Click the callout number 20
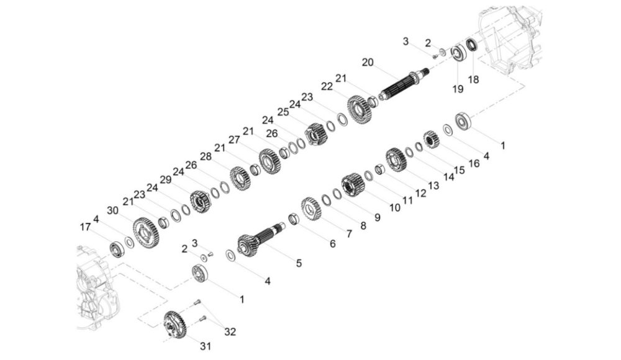tap(368, 62)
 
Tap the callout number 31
tap(205, 346)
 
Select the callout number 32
tap(230, 331)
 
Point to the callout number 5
tap(299, 263)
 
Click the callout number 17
tap(85, 227)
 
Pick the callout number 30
tap(113, 210)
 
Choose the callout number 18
tap(473, 79)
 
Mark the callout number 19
tap(458, 89)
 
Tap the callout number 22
tap(327, 86)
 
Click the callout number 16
tap(474, 163)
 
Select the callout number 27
tap(234, 140)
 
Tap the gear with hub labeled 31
tap(175, 325)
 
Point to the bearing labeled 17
tap(117, 250)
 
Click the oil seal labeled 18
tap(473, 45)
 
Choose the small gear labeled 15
tap(432, 140)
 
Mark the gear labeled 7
tap(310, 209)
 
